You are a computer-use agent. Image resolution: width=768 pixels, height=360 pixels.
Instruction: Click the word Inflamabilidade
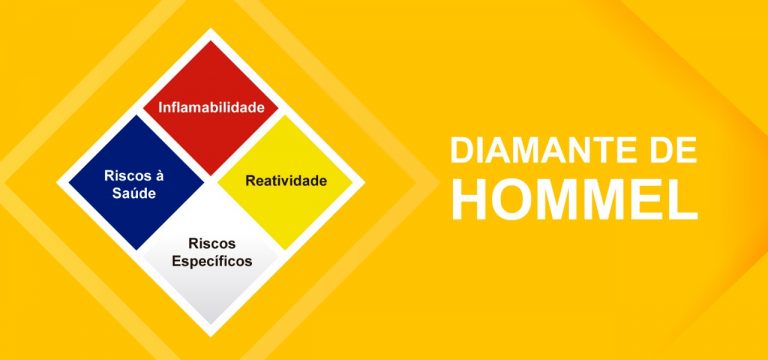pos(210,105)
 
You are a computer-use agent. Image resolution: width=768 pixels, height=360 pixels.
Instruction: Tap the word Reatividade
pos(286,181)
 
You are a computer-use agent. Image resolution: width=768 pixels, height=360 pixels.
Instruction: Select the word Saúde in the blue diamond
pos(134,193)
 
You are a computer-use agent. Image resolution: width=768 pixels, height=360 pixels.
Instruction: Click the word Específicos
pos(211,261)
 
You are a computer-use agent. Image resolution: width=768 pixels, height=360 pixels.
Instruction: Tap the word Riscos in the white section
pos(211,243)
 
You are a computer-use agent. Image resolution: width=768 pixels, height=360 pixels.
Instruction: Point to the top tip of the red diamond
pos(210,41)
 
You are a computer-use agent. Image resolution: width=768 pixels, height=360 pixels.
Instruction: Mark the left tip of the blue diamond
pos(68,182)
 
